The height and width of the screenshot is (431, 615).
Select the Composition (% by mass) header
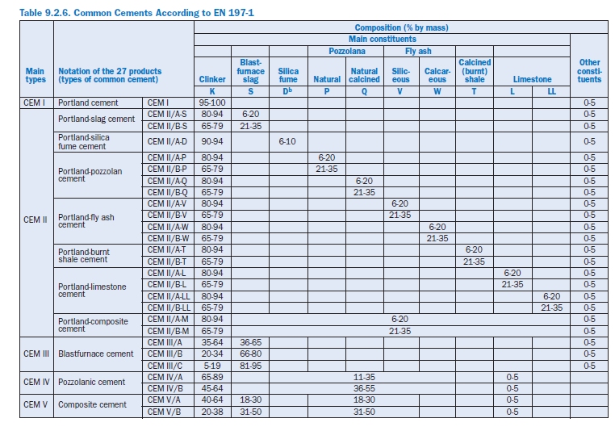(401, 27)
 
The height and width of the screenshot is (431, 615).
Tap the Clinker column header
(212, 80)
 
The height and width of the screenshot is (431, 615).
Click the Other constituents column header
(590, 70)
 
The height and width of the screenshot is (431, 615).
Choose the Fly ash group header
(419, 50)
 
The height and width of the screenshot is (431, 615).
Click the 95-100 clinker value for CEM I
(212, 103)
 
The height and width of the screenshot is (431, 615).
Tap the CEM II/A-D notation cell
(169, 141)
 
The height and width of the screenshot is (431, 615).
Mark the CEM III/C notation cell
(169, 365)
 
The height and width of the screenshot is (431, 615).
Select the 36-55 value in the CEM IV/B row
(364, 388)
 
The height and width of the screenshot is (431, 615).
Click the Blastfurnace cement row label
(95, 354)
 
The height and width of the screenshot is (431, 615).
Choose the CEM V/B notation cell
(169, 412)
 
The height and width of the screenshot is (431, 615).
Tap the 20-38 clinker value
(212, 412)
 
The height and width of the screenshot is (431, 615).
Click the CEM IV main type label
(37, 382)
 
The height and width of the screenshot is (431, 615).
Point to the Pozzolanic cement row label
(91, 382)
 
